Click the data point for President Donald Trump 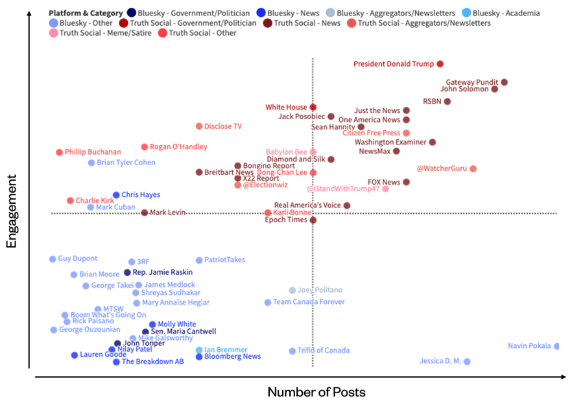tap(440, 64)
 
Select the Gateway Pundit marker tap(504, 82)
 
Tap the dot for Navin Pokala tap(556, 346)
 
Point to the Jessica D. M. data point tap(467, 361)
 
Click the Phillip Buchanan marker tap(59, 152)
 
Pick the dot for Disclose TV tap(199, 126)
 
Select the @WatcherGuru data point tap(473, 168)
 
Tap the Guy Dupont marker tap(53, 259)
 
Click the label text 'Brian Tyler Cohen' tap(126, 163)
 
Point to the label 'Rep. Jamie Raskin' tap(162, 273)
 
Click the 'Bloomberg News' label tap(232, 356)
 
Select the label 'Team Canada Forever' tap(309, 302)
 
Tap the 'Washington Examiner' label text tap(390, 142)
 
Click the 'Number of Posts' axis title tap(316, 393)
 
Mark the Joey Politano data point tap(292, 290)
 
